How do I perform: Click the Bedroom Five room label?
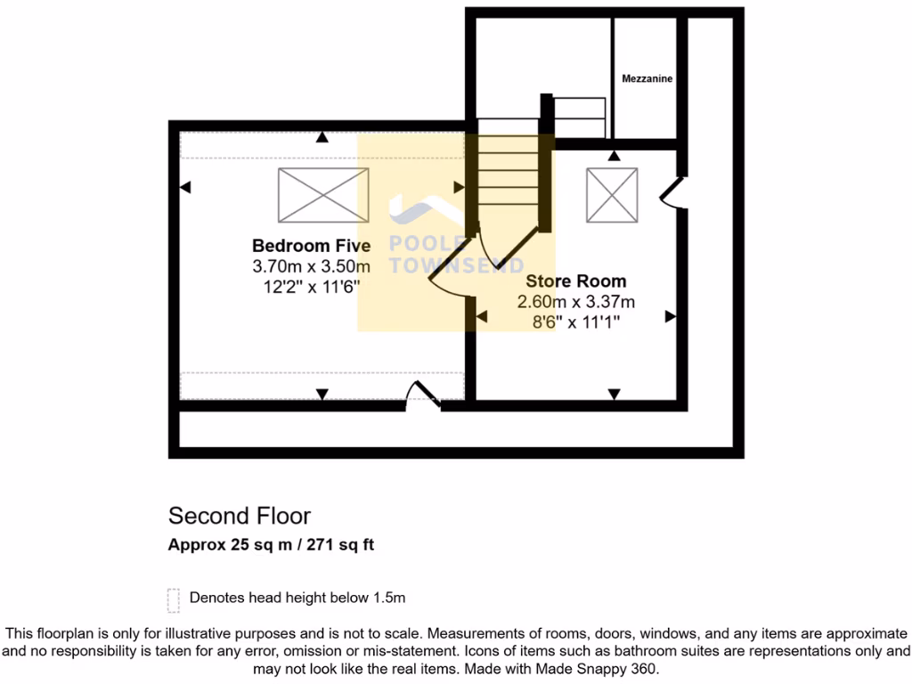pos(311,246)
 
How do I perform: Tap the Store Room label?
pos(575,281)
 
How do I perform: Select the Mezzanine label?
pos(647,79)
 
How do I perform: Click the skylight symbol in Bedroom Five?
pos(322,195)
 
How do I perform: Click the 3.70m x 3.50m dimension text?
pos(311,266)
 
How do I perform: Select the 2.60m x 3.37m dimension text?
pos(575,302)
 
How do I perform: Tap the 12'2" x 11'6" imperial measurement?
pos(311,286)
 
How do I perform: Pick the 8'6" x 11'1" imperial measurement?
pos(575,322)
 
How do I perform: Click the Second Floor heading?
pos(240,516)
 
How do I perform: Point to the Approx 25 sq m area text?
pos(271,545)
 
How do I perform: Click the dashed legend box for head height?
pos(173,600)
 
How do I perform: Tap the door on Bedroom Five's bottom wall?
pos(422,396)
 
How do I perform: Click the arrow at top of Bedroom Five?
pos(322,138)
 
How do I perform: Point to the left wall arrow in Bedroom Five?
pos(185,187)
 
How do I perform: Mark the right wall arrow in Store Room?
pos(670,316)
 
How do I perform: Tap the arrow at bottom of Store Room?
pos(614,394)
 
